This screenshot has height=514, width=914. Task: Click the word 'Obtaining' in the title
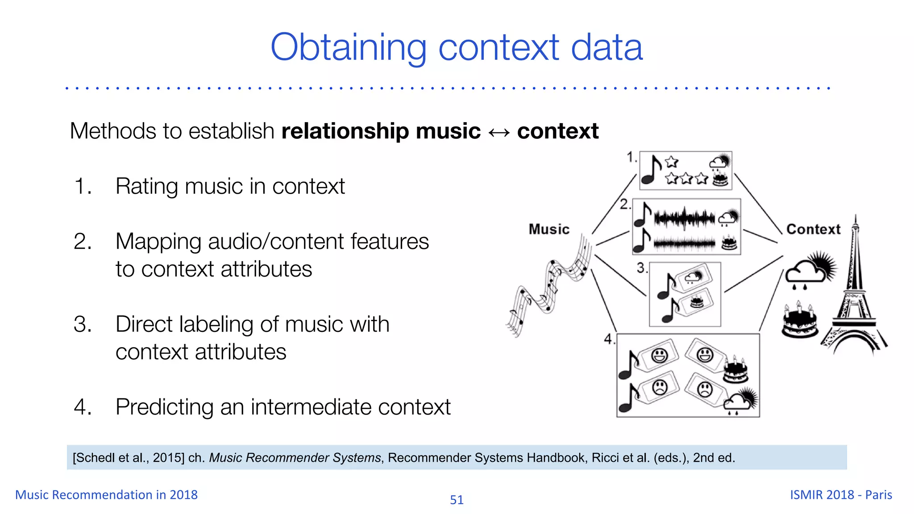348,48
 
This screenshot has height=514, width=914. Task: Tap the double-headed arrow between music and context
499,133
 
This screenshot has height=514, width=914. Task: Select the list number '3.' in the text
83,324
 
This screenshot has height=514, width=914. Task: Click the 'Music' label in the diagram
549,229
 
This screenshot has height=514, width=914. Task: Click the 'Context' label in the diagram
813,229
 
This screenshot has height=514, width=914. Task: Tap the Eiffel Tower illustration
854,294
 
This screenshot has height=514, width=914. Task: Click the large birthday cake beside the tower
800,321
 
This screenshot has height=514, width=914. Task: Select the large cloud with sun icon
810,269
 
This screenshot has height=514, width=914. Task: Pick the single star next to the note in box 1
671,162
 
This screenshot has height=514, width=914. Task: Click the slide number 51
457,500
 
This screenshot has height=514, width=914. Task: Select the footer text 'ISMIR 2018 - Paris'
841,495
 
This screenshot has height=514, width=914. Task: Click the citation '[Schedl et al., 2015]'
128,458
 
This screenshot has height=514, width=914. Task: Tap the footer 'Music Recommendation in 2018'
106,495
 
